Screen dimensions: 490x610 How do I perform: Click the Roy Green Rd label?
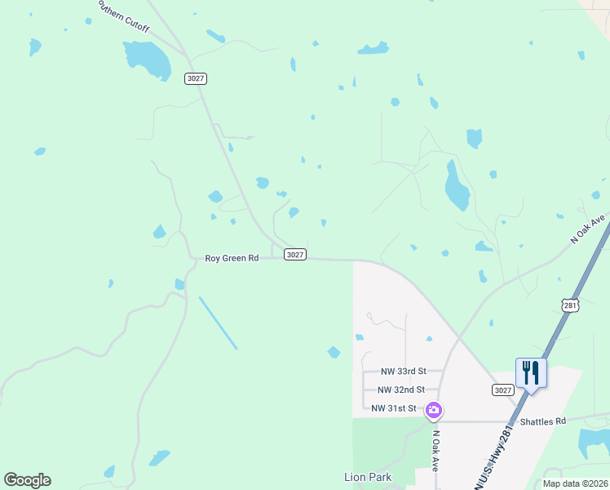pyautogui.click(x=232, y=258)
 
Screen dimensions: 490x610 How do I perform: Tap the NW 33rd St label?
pyautogui.click(x=398, y=371)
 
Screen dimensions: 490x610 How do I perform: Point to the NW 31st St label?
pyautogui.click(x=394, y=408)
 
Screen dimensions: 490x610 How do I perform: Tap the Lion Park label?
pyautogui.click(x=368, y=477)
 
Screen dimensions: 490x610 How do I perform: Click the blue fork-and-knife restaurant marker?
pyautogui.click(x=531, y=373)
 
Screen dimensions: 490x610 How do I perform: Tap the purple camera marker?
pyautogui.click(x=435, y=409)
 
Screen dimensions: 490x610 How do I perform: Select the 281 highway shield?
pyautogui.click(x=570, y=305)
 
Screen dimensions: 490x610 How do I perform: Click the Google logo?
pyautogui.click(x=27, y=480)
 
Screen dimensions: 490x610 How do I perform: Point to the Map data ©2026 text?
pyautogui.click(x=575, y=483)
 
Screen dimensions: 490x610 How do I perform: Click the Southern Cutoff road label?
pyautogui.click(x=122, y=16)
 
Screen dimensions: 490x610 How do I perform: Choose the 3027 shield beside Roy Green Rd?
pyautogui.click(x=295, y=255)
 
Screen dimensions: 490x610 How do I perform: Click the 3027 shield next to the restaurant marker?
pyautogui.click(x=502, y=390)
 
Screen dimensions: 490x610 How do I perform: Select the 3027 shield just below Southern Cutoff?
pyautogui.click(x=196, y=78)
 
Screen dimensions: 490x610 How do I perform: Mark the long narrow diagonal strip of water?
pyautogui.click(x=218, y=323)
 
